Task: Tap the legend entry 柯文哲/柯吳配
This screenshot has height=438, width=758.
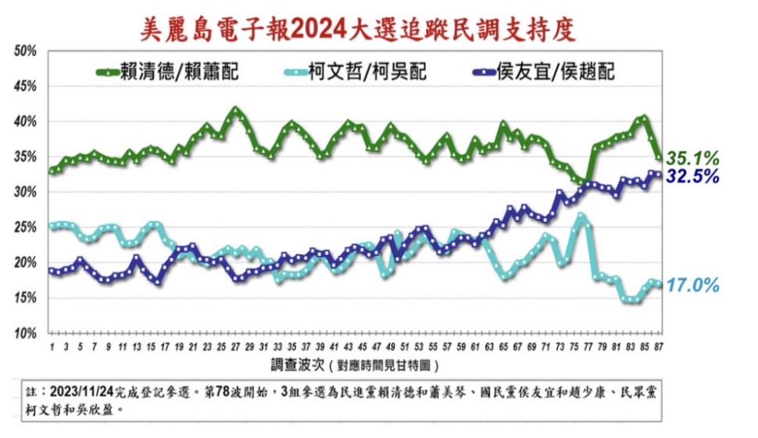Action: pyautogui.click(x=366, y=73)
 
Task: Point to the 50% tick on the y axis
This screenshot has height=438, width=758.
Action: pyautogui.click(x=26, y=52)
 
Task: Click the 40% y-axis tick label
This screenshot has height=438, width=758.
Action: pyautogui.click(x=26, y=122)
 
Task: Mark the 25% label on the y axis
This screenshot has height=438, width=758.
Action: pyautogui.click(x=26, y=228)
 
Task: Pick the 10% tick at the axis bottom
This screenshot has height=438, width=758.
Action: pyautogui.click(x=26, y=333)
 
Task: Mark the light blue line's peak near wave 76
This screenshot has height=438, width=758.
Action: pyautogui.click(x=581, y=215)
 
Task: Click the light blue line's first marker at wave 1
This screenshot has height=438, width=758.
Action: pyautogui.click(x=52, y=226)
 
